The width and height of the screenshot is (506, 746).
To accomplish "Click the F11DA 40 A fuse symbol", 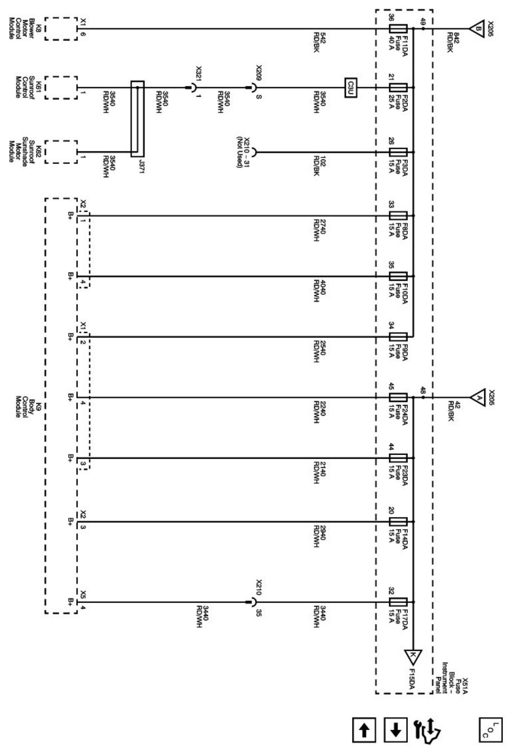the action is (x=398, y=28).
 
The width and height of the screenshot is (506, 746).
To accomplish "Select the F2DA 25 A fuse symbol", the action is (x=398, y=88).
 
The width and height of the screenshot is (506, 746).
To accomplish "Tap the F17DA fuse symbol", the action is (x=398, y=602).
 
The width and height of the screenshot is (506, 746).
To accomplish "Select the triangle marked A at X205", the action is (x=476, y=397).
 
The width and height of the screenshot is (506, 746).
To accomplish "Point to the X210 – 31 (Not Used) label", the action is (x=243, y=152).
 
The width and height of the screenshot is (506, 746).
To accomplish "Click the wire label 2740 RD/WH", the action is (x=319, y=230).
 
